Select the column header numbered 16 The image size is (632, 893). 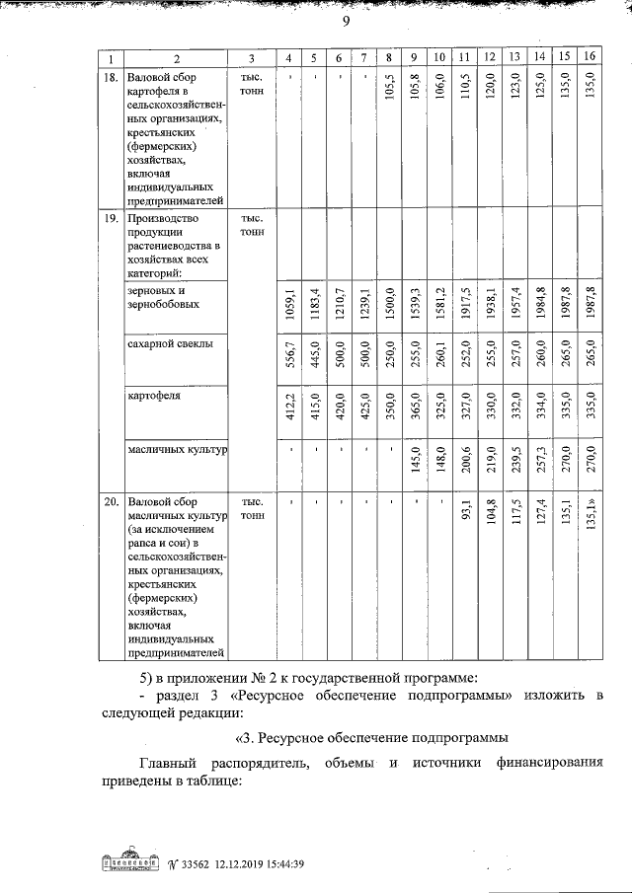(590, 57)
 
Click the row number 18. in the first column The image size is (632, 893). (112, 77)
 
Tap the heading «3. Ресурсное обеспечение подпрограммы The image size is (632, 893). (372, 737)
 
